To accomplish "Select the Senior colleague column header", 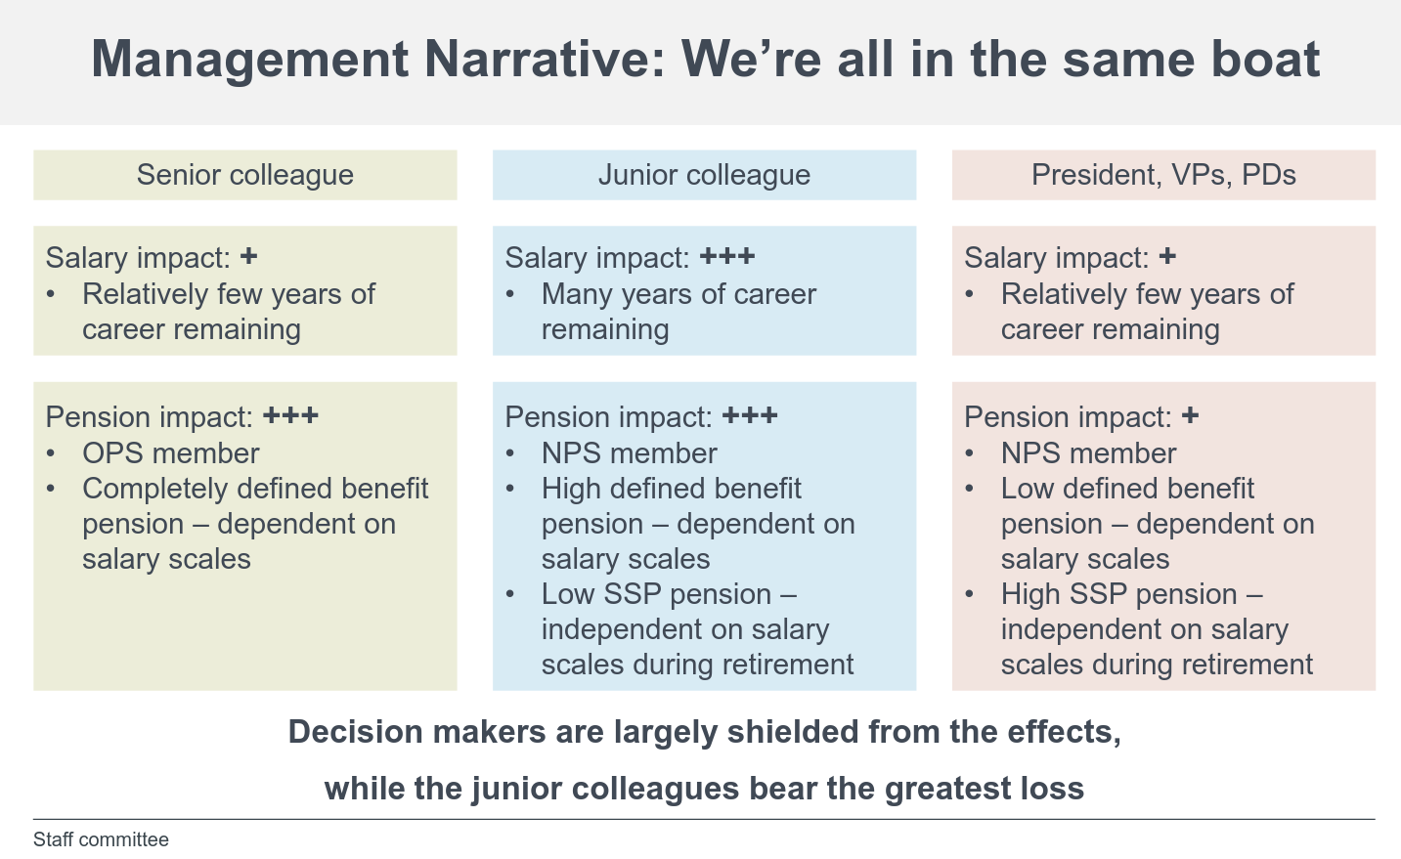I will pyautogui.click(x=244, y=175).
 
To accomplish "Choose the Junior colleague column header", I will pyautogui.click(x=704, y=175).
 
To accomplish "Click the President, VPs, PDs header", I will pyautogui.click(x=1163, y=175).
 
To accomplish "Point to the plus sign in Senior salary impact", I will pyautogui.click(x=249, y=257).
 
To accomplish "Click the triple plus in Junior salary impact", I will pyautogui.click(x=727, y=257).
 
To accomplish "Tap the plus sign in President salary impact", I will pyautogui.click(x=1167, y=257).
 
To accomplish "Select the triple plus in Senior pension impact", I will pyautogui.click(x=290, y=416).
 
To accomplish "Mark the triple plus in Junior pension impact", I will pyautogui.click(x=750, y=416).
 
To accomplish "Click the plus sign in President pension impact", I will pyautogui.click(x=1190, y=416).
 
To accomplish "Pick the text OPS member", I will pyautogui.click(x=170, y=453).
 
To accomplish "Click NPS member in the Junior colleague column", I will pyautogui.click(x=629, y=453).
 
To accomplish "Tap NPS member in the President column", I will pyautogui.click(x=1088, y=453).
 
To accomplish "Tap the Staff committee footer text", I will pyautogui.click(x=101, y=839).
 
